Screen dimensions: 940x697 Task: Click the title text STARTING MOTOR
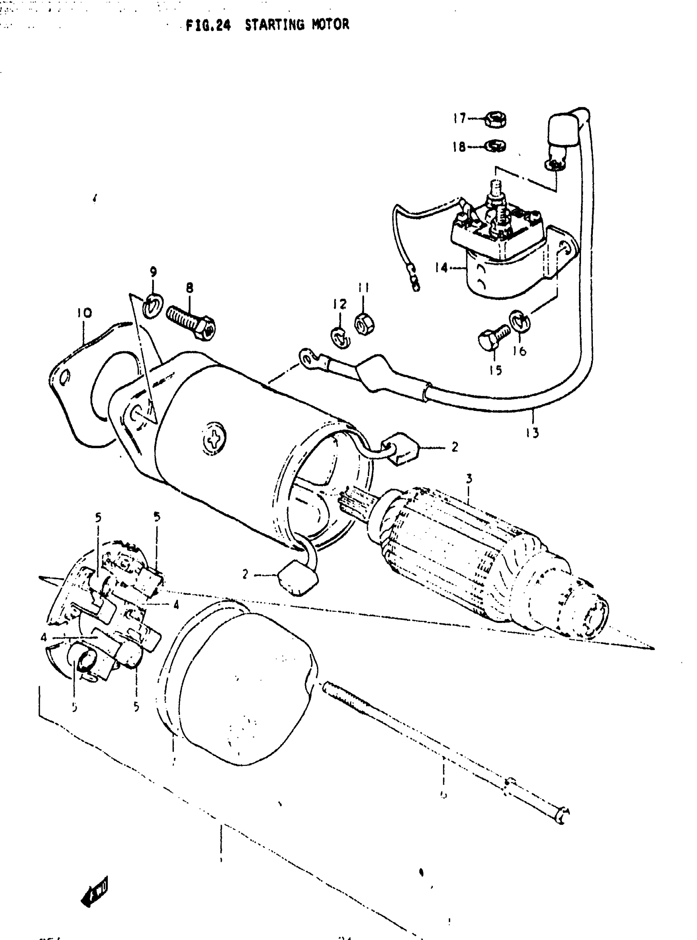click(297, 25)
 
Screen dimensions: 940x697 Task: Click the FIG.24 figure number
click(208, 26)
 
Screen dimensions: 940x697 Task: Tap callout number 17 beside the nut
click(459, 118)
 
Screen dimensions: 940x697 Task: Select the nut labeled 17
click(497, 119)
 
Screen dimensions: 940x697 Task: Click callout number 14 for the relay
click(441, 267)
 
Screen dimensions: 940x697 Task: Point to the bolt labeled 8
click(191, 321)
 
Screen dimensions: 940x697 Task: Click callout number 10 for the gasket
click(84, 313)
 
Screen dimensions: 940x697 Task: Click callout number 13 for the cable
click(533, 433)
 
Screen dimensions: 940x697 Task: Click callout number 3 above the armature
click(469, 479)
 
